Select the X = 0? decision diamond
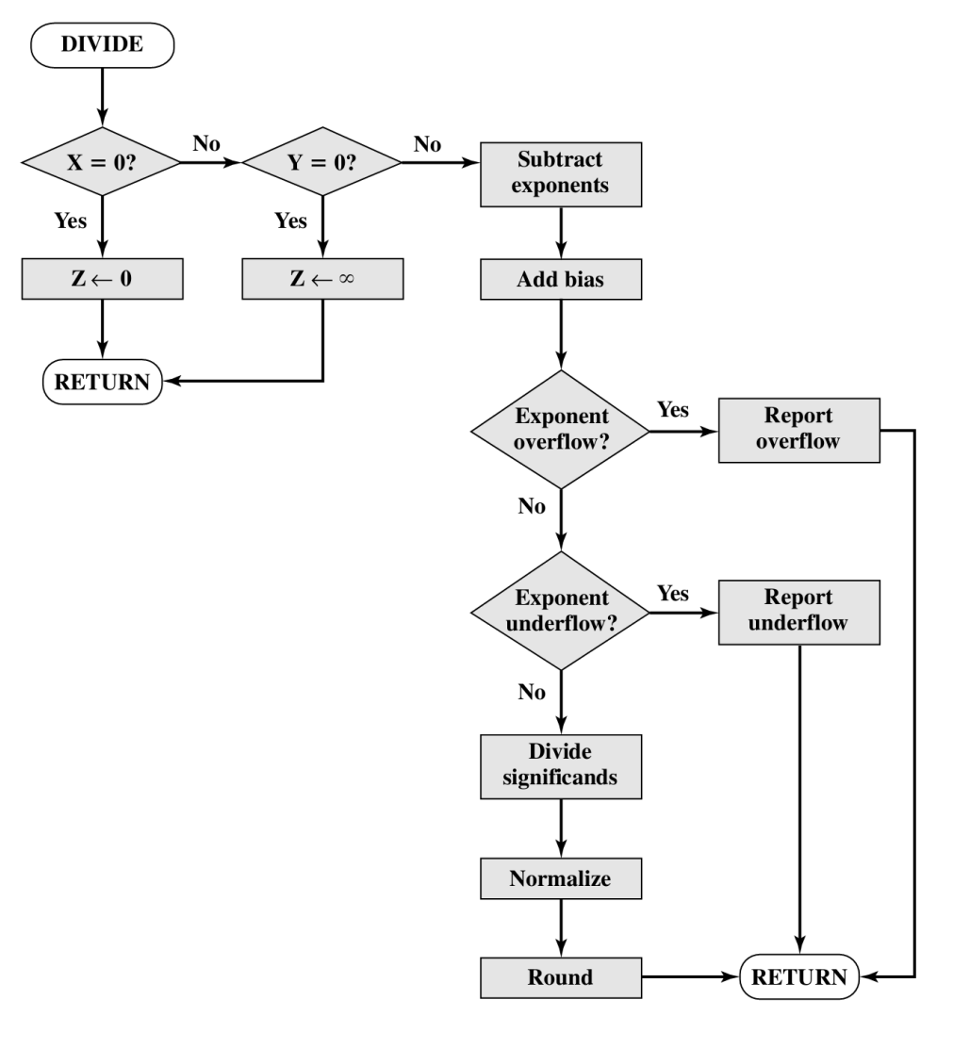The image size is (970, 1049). [x=101, y=162]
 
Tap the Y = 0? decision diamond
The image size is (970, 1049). [x=321, y=162]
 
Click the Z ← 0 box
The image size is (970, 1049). [x=101, y=280]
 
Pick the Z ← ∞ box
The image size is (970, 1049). [x=321, y=280]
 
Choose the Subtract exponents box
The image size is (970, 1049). [x=562, y=173]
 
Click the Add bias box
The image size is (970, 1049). [x=562, y=280]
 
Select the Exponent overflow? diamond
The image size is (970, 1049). [x=561, y=430]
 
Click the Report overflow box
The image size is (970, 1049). [x=799, y=430]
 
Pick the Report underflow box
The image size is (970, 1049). [x=799, y=612]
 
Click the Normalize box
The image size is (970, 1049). [x=562, y=879]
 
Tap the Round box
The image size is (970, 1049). [x=562, y=977]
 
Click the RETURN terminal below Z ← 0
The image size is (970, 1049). [x=101, y=382]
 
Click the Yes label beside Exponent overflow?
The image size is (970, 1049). [x=672, y=410]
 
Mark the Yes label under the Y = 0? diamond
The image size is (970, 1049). [x=290, y=221]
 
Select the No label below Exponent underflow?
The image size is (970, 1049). [x=532, y=693]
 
